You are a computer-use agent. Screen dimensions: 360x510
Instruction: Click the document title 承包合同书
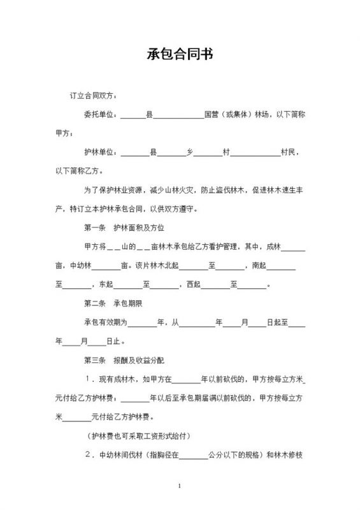[x=180, y=55]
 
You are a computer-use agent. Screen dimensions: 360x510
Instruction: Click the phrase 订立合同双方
[x=92, y=96]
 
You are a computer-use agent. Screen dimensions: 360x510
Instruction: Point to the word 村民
[x=292, y=153]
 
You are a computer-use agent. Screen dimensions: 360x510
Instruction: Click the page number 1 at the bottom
[x=180, y=486]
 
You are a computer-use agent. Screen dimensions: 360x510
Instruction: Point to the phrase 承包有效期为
[x=106, y=323]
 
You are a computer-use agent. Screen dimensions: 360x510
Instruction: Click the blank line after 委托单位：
[x=133, y=117]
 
